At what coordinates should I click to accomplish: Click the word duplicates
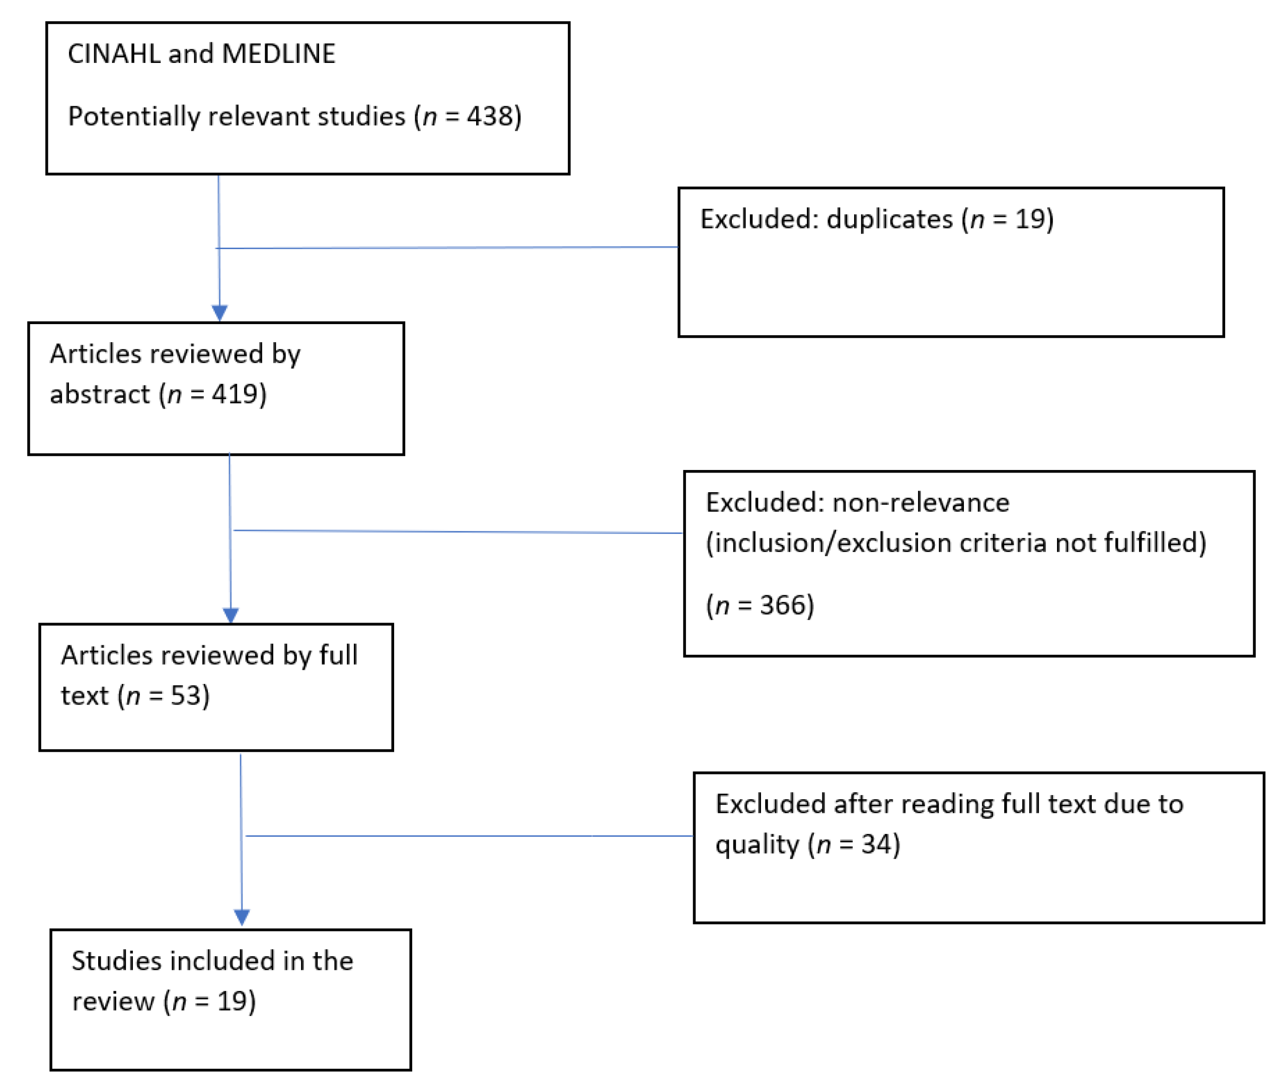889,219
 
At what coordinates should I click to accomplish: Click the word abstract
100,395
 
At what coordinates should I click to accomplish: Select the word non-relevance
921,503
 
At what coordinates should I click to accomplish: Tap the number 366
782,605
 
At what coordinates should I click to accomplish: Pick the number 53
186,695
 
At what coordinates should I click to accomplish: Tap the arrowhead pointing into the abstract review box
220,313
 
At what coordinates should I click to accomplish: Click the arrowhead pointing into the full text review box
231,615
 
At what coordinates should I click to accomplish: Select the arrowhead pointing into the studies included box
242,917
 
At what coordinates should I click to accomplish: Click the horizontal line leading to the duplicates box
446,248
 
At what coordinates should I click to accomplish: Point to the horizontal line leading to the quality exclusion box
468,836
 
